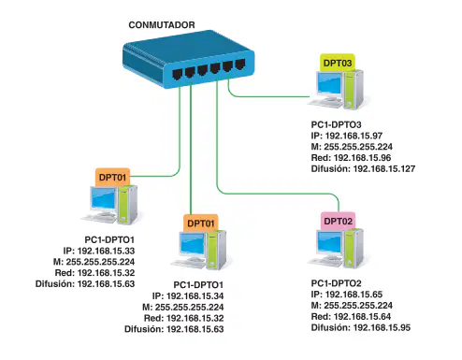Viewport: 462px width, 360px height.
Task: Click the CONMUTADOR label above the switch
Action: coord(162,25)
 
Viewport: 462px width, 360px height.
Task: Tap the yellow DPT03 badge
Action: coord(338,63)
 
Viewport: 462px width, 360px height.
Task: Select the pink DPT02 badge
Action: coord(339,221)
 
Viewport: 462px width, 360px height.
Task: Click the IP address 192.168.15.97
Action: coord(354,136)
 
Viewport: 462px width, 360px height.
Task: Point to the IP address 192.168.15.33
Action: coord(106,251)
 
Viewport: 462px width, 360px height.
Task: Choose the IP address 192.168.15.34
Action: coord(195,295)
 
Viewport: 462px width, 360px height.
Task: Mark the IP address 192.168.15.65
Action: coord(354,295)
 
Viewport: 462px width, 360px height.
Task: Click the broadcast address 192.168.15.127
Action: coord(384,168)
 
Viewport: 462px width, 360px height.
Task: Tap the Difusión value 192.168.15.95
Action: coord(382,327)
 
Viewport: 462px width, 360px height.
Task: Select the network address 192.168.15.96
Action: coord(362,158)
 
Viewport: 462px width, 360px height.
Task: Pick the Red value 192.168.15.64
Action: coord(362,316)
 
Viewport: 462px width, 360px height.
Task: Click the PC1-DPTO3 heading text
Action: coord(336,124)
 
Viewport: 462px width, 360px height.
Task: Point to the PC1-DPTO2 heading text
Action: coord(336,283)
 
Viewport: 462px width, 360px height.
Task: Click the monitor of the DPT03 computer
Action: coord(329,83)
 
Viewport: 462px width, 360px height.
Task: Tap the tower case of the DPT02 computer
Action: coord(354,248)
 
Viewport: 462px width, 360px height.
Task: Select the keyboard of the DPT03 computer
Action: coord(324,103)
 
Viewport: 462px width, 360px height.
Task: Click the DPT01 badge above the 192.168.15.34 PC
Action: coord(201,223)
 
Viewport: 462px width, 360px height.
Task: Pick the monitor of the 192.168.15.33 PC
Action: coord(104,198)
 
